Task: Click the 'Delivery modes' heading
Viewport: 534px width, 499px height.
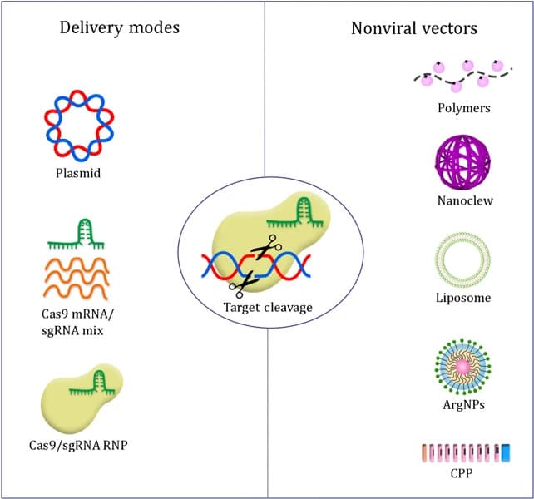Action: [120, 27]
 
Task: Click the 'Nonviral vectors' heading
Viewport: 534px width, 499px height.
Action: [414, 27]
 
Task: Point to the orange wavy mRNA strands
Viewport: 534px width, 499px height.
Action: [77, 277]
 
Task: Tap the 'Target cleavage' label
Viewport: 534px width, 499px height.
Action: [268, 307]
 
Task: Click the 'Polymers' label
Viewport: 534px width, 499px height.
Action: [463, 108]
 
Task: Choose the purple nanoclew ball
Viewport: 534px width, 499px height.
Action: [463, 161]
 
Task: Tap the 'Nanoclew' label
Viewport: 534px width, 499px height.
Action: [463, 200]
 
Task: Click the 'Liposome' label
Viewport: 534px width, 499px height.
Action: [463, 297]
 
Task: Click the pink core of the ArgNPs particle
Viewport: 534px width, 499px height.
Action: [463, 366]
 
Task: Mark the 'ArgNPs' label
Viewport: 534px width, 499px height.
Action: [463, 405]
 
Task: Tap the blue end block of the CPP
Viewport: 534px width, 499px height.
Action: [504, 452]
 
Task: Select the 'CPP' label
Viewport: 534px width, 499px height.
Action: [463, 475]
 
